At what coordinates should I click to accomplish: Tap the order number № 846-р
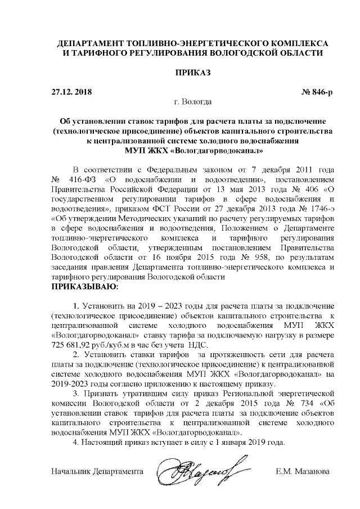318,91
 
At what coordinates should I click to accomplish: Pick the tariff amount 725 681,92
74,343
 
